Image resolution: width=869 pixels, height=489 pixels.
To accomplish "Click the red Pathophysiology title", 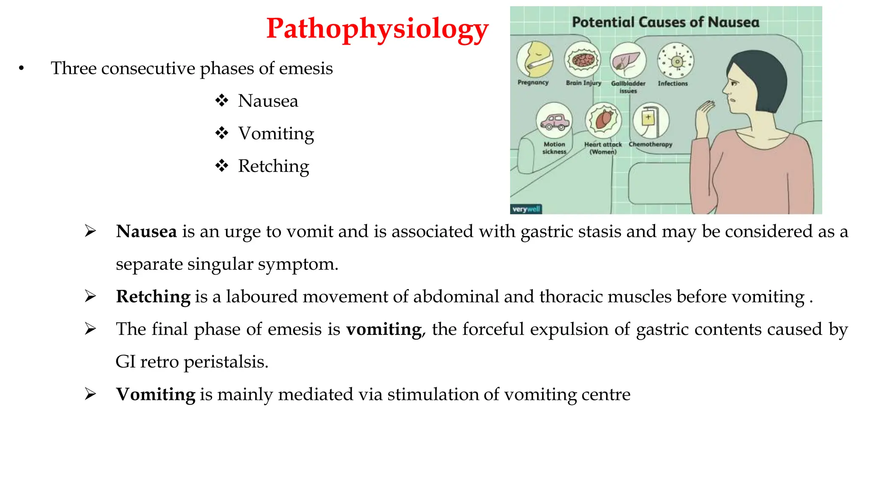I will [x=377, y=29].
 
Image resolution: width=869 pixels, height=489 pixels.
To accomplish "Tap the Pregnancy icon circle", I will [x=535, y=60].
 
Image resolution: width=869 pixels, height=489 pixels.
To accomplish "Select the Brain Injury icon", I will [x=583, y=60].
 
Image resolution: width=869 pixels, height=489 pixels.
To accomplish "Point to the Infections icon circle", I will [x=676, y=61].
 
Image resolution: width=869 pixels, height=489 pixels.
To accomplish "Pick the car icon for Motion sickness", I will [x=554, y=121].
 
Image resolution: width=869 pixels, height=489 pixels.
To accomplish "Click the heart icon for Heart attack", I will [x=603, y=121].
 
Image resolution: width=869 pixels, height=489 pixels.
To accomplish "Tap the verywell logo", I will [x=526, y=209].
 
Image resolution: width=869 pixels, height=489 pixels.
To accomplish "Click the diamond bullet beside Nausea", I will [x=221, y=101].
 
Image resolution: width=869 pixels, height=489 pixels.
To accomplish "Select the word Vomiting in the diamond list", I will [x=276, y=133].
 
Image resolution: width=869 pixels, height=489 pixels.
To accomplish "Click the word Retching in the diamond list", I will [x=273, y=166].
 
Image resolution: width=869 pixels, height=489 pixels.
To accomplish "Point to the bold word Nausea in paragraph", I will [x=146, y=232].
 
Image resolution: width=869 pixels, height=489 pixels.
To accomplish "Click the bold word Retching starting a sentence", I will [x=153, y=297].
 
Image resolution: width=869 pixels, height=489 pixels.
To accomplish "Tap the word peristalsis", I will [x=226, y=362].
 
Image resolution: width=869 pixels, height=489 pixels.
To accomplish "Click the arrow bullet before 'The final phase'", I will [x=90, y=329].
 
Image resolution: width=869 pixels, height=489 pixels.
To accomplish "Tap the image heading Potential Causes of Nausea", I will [x=665, y=22].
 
